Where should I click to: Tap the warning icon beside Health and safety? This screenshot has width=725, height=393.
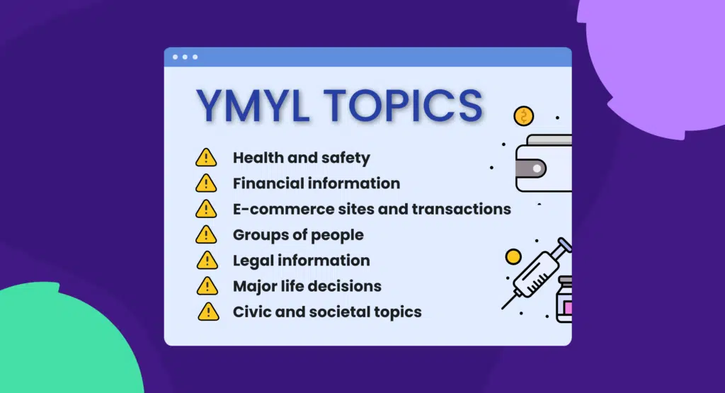tap(206, 157)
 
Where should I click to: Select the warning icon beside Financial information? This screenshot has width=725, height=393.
tap(206, 183)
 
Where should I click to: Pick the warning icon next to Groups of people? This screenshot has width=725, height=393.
tap(206, 234)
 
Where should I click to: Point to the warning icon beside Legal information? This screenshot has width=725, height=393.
tap(206, 260)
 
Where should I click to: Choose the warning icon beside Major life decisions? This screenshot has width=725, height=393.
tap(206, 286)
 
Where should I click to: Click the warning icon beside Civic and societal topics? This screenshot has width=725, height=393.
tap(206, 312)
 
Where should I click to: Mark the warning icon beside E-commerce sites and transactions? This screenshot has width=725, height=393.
tap(206, 209)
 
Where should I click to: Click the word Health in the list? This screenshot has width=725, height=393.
tap(257, 157)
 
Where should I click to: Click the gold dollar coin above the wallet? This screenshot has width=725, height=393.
tap(524, 116)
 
